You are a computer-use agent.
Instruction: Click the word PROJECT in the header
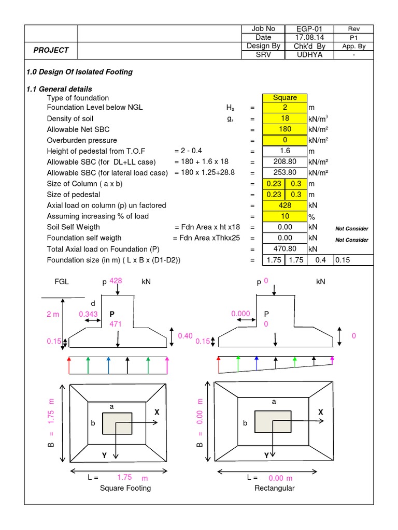coord(51,50)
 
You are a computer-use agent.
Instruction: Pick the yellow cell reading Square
coord(285,97)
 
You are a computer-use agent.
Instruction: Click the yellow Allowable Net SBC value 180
coord(285,129)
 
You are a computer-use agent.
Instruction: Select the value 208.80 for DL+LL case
coord(285,162)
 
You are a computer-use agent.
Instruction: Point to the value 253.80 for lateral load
coord(285,173)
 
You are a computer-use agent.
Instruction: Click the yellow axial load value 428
coord(285,205)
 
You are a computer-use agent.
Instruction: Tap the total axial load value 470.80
coord(285,248)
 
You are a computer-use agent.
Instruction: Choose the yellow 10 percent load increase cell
coord(285,216)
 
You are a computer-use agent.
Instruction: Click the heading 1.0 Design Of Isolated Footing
coord(79,72)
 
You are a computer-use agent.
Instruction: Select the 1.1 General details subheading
coord(59,89)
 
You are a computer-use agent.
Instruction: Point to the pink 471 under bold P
coord(115,324)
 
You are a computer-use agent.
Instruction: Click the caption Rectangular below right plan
coord(274,488)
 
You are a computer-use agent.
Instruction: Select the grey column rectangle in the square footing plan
coord(117,423)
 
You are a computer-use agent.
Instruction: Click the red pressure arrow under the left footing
coord(69,365)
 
